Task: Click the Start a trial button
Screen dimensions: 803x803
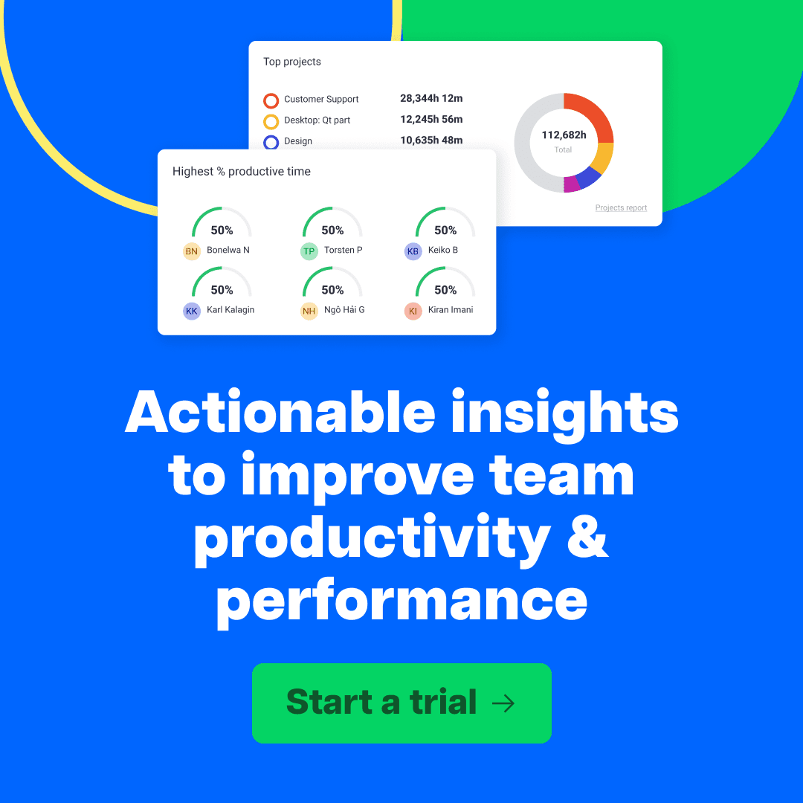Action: pos(401,703)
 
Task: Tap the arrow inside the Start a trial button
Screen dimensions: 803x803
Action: pos(503,703)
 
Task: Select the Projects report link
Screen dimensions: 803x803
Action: pos(621,208)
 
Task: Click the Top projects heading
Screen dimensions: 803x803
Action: pos(292,62)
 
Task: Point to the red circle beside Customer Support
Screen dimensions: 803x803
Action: pos(271,100)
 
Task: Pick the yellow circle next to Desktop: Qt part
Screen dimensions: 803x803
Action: pos(271,120)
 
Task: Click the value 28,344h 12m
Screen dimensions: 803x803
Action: pos(431,98)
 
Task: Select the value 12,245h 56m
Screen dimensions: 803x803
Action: pos(431,119)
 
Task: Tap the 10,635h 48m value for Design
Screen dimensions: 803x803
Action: pos(431,140)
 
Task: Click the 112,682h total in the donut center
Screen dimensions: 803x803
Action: pos(564,135)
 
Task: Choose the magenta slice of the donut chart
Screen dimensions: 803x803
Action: pos(572,184)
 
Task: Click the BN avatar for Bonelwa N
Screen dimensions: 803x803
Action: pos(192,251)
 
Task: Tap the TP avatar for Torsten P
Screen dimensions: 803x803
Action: pos(309,251)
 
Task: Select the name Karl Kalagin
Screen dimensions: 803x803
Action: pos(230,310)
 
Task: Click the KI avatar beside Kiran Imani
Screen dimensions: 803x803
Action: pos(413,312)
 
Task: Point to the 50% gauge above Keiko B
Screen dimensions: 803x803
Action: pos(445,223)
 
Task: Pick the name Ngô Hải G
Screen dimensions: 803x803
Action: pos(344,310)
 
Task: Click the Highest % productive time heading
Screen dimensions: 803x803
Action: pos(242,172)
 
